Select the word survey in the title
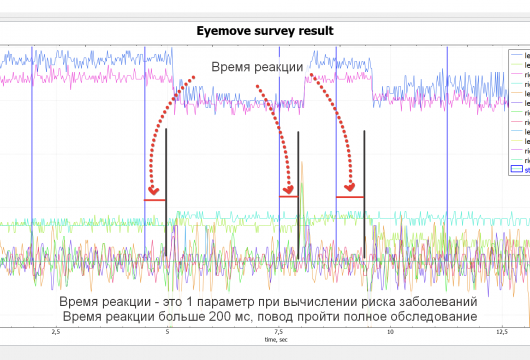point(277,31)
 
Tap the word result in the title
point(319,31)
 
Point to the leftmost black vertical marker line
point(166,190)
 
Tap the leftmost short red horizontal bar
point(154,200)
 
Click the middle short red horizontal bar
point(288,197)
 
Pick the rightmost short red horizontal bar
point(350,197)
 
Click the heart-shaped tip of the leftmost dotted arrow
point(153,190)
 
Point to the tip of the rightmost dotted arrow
point(351,186)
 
